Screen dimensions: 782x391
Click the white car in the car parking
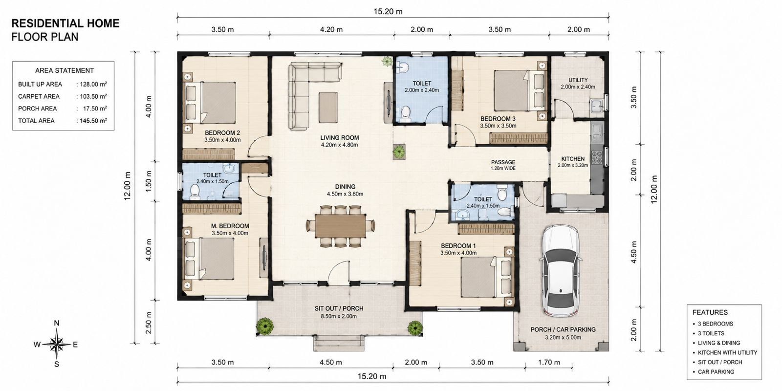(x=561, y=271)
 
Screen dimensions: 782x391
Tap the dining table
(x=340, y=225)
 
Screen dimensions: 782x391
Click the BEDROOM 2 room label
(x=222, y=133)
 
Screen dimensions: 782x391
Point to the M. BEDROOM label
(x=230, y=226)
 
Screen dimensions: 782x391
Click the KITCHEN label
(x=573, y=159)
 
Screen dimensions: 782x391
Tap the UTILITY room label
(x=578, y=80)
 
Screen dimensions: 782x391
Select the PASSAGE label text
(x=503, y=162)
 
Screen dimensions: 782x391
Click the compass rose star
(x=57, y=345)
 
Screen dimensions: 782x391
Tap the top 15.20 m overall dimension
(x=388, y=12)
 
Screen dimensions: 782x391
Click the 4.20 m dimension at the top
(x=331, y=30)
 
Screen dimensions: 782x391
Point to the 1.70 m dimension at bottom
(x=549, y=362)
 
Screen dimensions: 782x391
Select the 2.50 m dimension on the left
(x=149, y=323)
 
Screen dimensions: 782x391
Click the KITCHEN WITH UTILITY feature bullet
(x=727, y=352)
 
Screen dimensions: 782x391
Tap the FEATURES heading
(x=710, y=312)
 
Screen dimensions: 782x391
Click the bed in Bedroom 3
(x=520, y=90)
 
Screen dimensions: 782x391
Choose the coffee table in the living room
(x=328, y=107)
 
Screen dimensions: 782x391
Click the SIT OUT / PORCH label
(x=339, y=308)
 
